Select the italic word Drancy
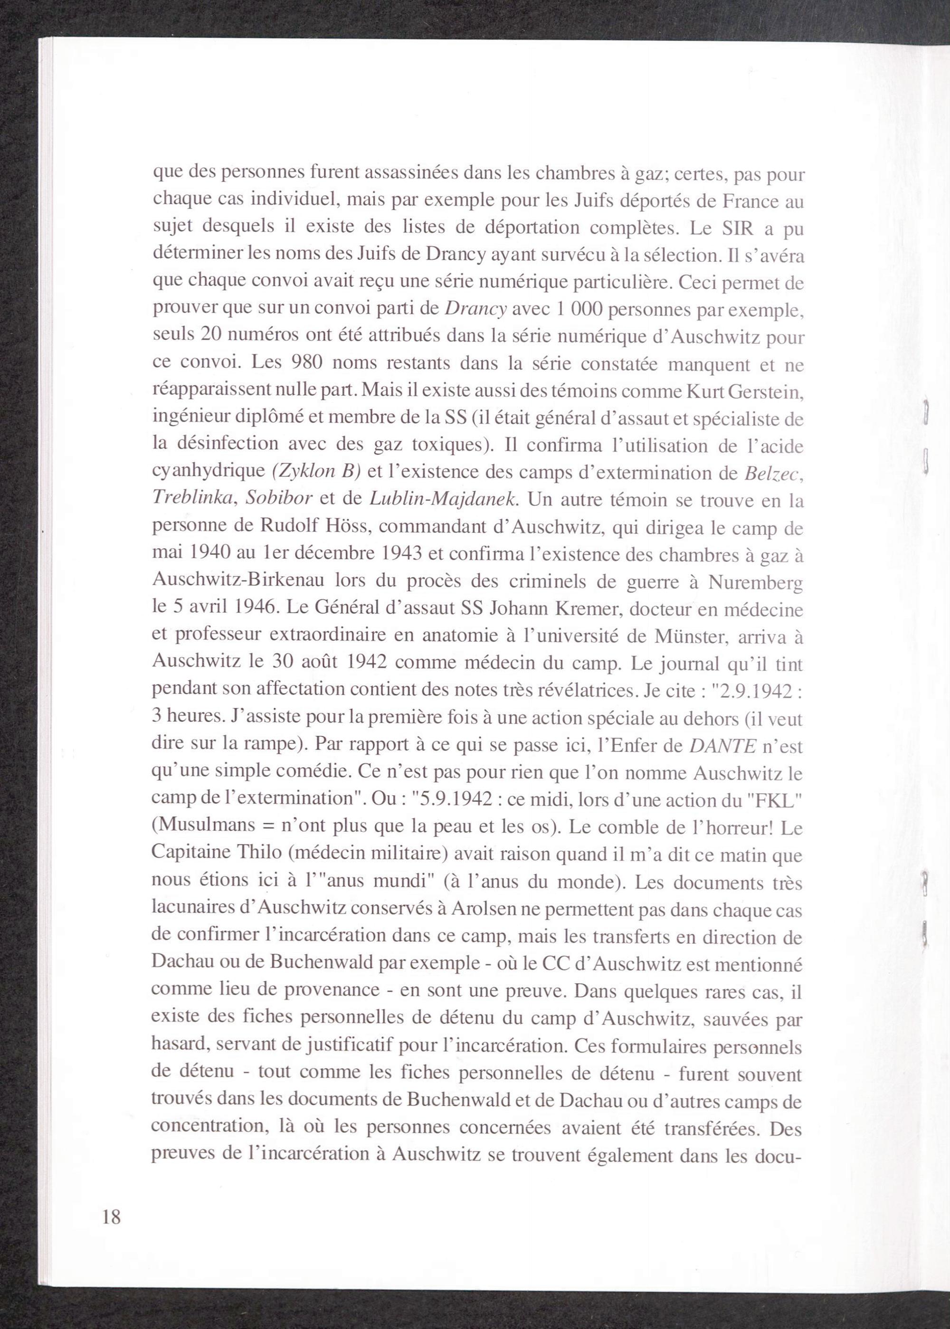(475, 310)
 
